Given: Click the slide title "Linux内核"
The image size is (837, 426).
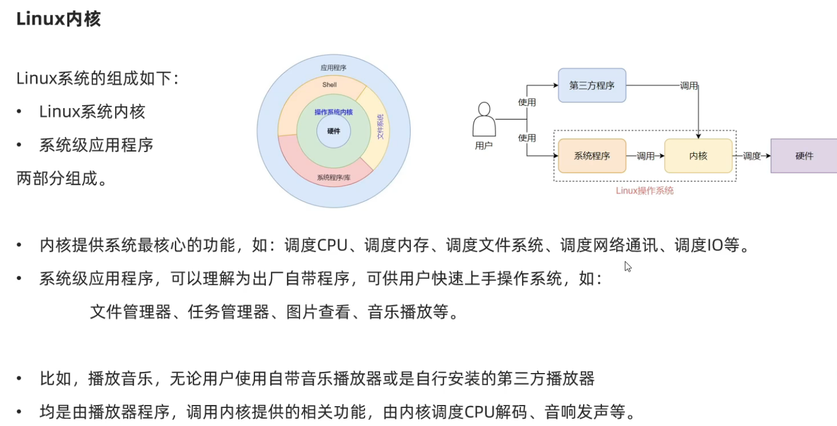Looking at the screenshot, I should pyautogui.click(x=58, y=19).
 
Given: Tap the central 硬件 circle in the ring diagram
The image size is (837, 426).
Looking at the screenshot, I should pyautogui.click(x=334, y=131).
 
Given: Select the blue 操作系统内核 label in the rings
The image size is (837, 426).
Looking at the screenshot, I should pyautogui.click(x=334, y=112).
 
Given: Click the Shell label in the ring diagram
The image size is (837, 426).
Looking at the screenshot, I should pyautogui.click(x=329, y=85).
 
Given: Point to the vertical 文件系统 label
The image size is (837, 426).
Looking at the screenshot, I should pyautogui.click(x=380, y=126).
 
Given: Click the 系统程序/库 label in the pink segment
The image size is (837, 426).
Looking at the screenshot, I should pyautogui.click(x=333, y=177).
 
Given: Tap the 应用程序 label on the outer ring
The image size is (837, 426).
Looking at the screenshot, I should pyautogui.click(x=333, y=68).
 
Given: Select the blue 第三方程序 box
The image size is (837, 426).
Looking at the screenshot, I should pyautogui.click(x=592, y=85).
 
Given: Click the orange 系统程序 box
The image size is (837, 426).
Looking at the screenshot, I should pyautogui.click(x=592, y=156).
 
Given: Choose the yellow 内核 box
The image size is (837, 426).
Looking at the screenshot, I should pyautogui.click(x=698, y=156).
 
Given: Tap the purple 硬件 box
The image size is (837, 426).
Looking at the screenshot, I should pyautogui.click(x=804, y=156).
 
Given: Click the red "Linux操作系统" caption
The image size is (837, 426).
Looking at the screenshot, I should pyautogui.click(x=644, y=191).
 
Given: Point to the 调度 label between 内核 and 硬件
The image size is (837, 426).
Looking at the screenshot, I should pyautogui.click(x=752, y=156).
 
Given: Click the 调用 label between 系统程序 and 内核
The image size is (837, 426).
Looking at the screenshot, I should pyautogui.click(x=645, y=156).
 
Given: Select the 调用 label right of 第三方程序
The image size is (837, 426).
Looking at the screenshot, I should pyautogui.click(x=689, y=86).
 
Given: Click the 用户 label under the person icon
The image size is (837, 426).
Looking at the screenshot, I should pyautogui.click(x=483, y=145).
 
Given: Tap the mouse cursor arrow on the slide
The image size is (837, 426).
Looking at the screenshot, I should pyautogui.click(x=628, y=267).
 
